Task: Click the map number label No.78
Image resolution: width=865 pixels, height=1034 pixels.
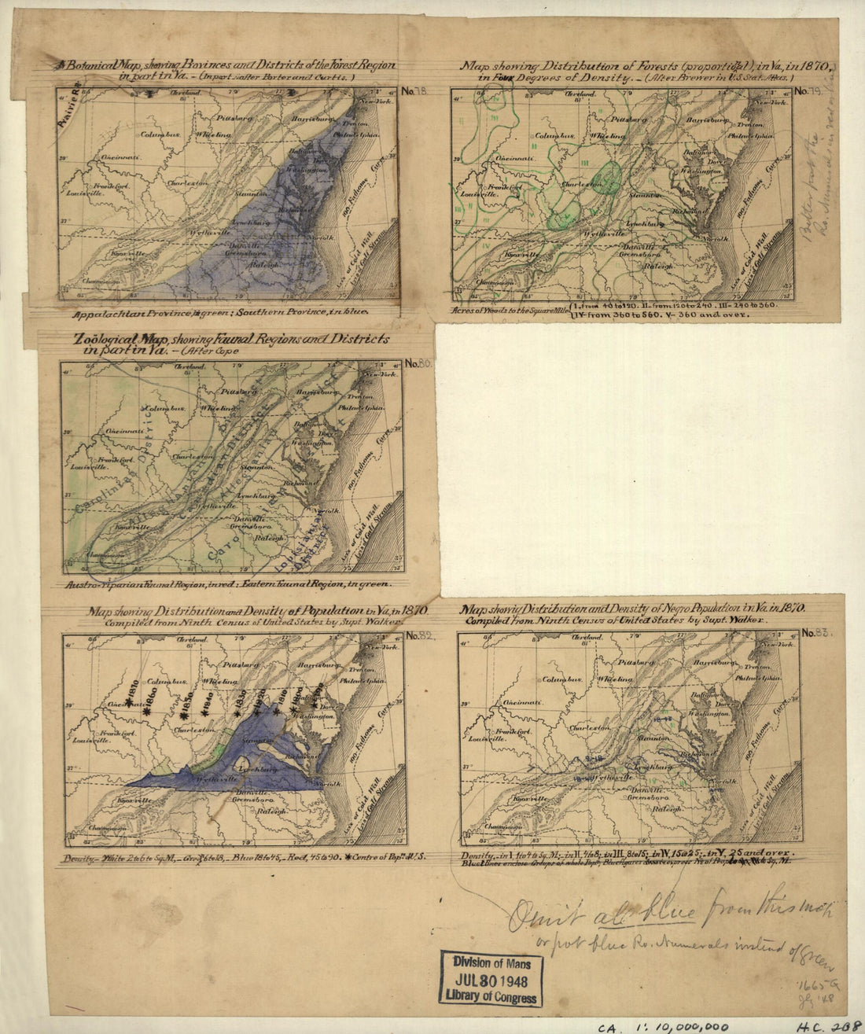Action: coord(414,91)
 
